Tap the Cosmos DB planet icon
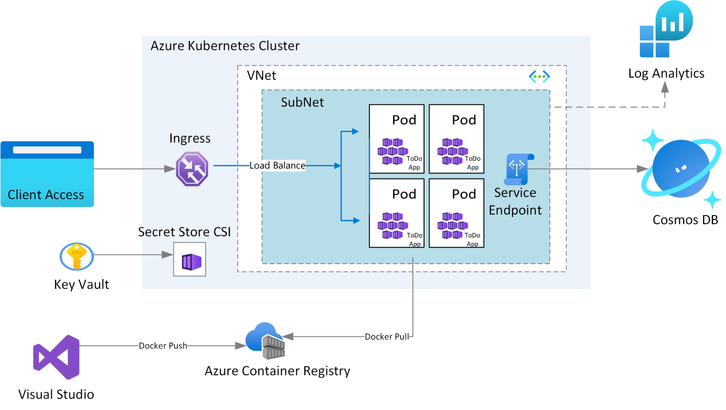(x=681, y=169)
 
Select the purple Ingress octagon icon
(x=192, y=169)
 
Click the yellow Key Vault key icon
(x=77, y=256)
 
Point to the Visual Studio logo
(x=57, y=357)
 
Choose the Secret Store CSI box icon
(x=190, y=259)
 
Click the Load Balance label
(x=277, y=165)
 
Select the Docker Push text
(x=163, y=346)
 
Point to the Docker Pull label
(x=386, y=337)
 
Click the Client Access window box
(x=47, y=174)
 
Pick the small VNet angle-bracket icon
(x=539, y=76)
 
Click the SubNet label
(x=302, y=102)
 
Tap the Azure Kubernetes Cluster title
(x=225, y=46)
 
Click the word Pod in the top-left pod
(x=404, y=120)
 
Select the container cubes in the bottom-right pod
(x=452, y=225)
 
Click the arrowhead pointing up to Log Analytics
(x=665, y=87)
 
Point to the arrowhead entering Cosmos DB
(x=642, y=169)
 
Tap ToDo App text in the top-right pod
(x=473, y=163)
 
